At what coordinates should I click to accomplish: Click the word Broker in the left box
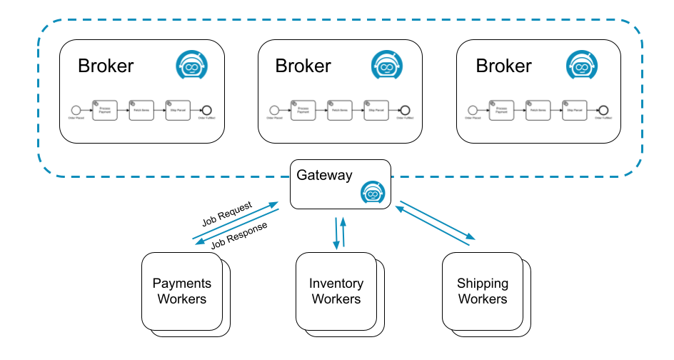tap(106, 66)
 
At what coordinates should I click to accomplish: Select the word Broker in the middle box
tap(303, 66)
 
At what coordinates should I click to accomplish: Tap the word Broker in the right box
tap(503, 66)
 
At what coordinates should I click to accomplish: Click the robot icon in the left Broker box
tap(191, 65)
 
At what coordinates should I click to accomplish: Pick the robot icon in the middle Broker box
tap(388, 65)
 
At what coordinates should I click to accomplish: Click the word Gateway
tap(324, 176)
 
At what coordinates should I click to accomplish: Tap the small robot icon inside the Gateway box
tap(373, 191)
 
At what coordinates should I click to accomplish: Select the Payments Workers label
tap(182, 291)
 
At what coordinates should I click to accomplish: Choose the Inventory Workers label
tap(336, 291)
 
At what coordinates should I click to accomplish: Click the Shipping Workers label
tap(483, 291)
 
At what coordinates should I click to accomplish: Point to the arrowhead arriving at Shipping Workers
tap(472, 238)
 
